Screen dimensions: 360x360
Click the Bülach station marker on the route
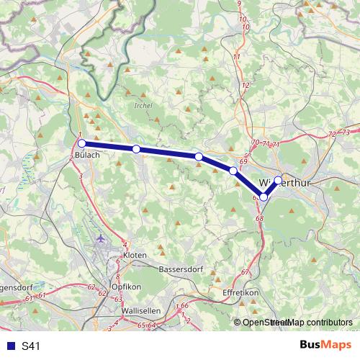point(82,143)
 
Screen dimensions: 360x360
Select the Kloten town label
point(135,255)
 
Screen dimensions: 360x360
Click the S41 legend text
point(31,346)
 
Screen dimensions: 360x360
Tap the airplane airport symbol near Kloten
point(100,238)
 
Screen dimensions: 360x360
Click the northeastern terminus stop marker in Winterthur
point(278,181)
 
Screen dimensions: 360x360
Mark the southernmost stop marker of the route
point(264,197)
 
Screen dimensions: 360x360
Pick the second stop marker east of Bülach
point(199,156)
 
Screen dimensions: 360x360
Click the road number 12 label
point(246,85)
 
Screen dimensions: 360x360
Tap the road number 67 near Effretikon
point(245,271)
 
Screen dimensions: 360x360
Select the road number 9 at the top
point(239,4)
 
